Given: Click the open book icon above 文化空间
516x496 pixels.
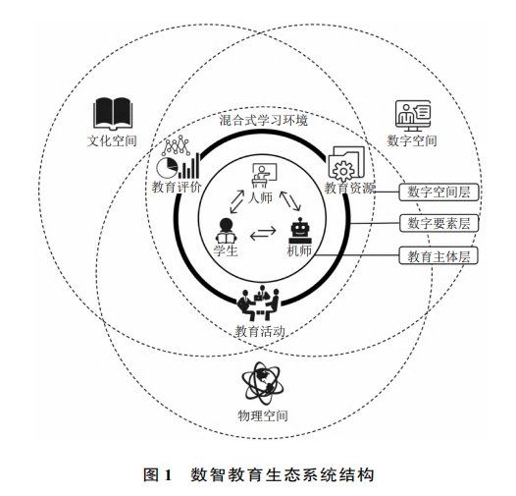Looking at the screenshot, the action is click(113, 113).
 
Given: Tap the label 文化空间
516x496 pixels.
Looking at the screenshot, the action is click(112, 140).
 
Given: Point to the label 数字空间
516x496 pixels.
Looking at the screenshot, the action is click(412, 140).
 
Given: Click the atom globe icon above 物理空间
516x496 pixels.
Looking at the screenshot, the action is click(262, 384).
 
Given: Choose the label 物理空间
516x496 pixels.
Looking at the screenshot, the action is click(263, 415).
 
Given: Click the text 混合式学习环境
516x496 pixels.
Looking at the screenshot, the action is click(264, 120).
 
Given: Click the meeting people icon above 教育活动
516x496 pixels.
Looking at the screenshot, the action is click(259, 303).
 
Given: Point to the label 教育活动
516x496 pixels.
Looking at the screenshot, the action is click(260, 331).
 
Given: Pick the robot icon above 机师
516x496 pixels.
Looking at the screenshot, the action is click(300, 231).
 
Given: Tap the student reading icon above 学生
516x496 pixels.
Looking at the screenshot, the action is click(226, 231).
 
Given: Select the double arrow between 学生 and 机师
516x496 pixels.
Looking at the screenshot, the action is click(263, 233).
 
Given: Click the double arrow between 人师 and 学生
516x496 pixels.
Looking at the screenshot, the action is click(237, 201).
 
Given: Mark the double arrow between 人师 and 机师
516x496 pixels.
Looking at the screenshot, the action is click(290, 200).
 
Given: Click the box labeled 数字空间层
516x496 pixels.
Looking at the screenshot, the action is click(439, 192).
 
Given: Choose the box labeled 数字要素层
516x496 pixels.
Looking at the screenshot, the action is click(439, 223).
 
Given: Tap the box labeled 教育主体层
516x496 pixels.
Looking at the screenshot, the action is click(439, 255).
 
